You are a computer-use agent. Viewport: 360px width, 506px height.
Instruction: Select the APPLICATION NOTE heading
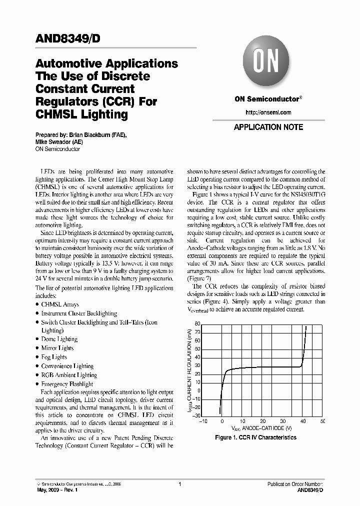268,127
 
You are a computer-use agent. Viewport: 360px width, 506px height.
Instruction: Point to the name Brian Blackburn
88,135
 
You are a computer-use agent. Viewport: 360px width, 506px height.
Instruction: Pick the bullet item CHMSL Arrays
60,304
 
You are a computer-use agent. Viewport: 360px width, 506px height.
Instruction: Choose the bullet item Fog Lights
54,357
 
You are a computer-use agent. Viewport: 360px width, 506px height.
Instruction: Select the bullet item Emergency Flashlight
67,384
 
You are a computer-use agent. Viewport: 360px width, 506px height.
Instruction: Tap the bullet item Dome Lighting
59,339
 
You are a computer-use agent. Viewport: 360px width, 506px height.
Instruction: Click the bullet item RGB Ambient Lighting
69,375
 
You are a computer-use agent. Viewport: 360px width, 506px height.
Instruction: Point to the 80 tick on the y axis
197,323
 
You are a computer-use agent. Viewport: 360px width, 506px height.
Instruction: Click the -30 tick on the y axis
196,415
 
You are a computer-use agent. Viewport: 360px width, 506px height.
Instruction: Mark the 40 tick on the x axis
302,421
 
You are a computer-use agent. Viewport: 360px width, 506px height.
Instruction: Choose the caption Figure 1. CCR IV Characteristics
255,437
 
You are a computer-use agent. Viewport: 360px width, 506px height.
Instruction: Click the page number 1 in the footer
179,484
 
